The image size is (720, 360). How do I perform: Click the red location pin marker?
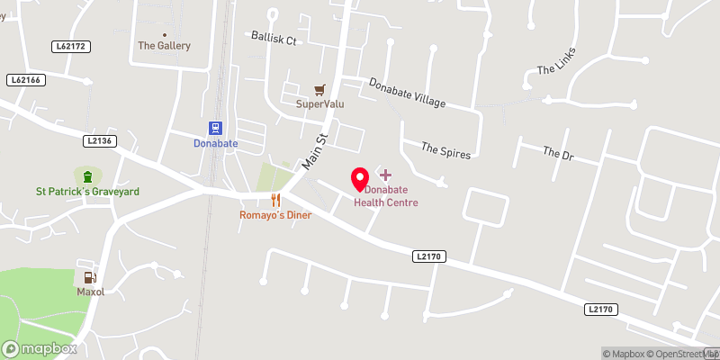tap(360, 179)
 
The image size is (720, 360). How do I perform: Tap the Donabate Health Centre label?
tap(385, 196)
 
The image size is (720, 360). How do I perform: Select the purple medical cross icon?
tap(385, 173)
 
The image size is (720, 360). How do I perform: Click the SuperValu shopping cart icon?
tap(319, 90)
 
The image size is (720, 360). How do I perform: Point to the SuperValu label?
tap(320, 103)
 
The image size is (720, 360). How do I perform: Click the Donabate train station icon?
tap(216, 129)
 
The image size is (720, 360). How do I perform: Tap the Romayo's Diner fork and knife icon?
tap(276, 200)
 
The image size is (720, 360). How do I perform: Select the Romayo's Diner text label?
tap(275, 215)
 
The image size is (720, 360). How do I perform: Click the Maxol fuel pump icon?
tap(88, 277)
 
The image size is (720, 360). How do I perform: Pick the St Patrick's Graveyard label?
tap(87, 192)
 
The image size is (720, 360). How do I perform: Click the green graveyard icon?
tap(88, 176)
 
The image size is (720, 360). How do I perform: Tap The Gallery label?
tap(164, 46)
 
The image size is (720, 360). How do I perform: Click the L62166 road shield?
tap(29, 80)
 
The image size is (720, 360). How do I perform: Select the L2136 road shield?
tap(102, 140)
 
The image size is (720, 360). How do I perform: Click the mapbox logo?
tap(40, 348)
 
